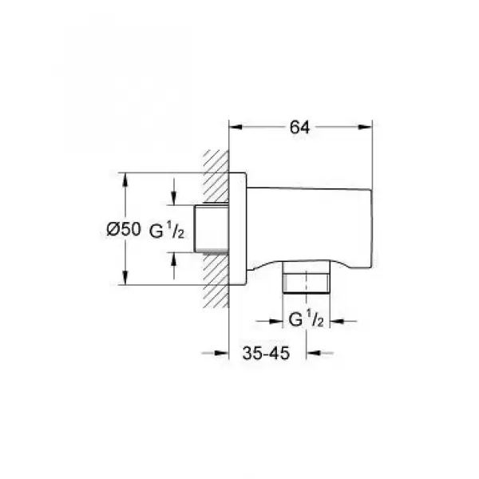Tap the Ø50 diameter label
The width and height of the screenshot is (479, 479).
[x=123, y=229]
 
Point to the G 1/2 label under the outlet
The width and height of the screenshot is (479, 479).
[x=304, y=321]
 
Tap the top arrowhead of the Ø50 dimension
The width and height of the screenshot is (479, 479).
[x=125, y=177]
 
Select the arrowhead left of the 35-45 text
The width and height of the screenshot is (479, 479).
[x=225, y=351]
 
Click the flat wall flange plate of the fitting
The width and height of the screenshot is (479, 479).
[x=239, y=228]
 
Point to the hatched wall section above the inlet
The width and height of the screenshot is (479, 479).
[x=213, y=176]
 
